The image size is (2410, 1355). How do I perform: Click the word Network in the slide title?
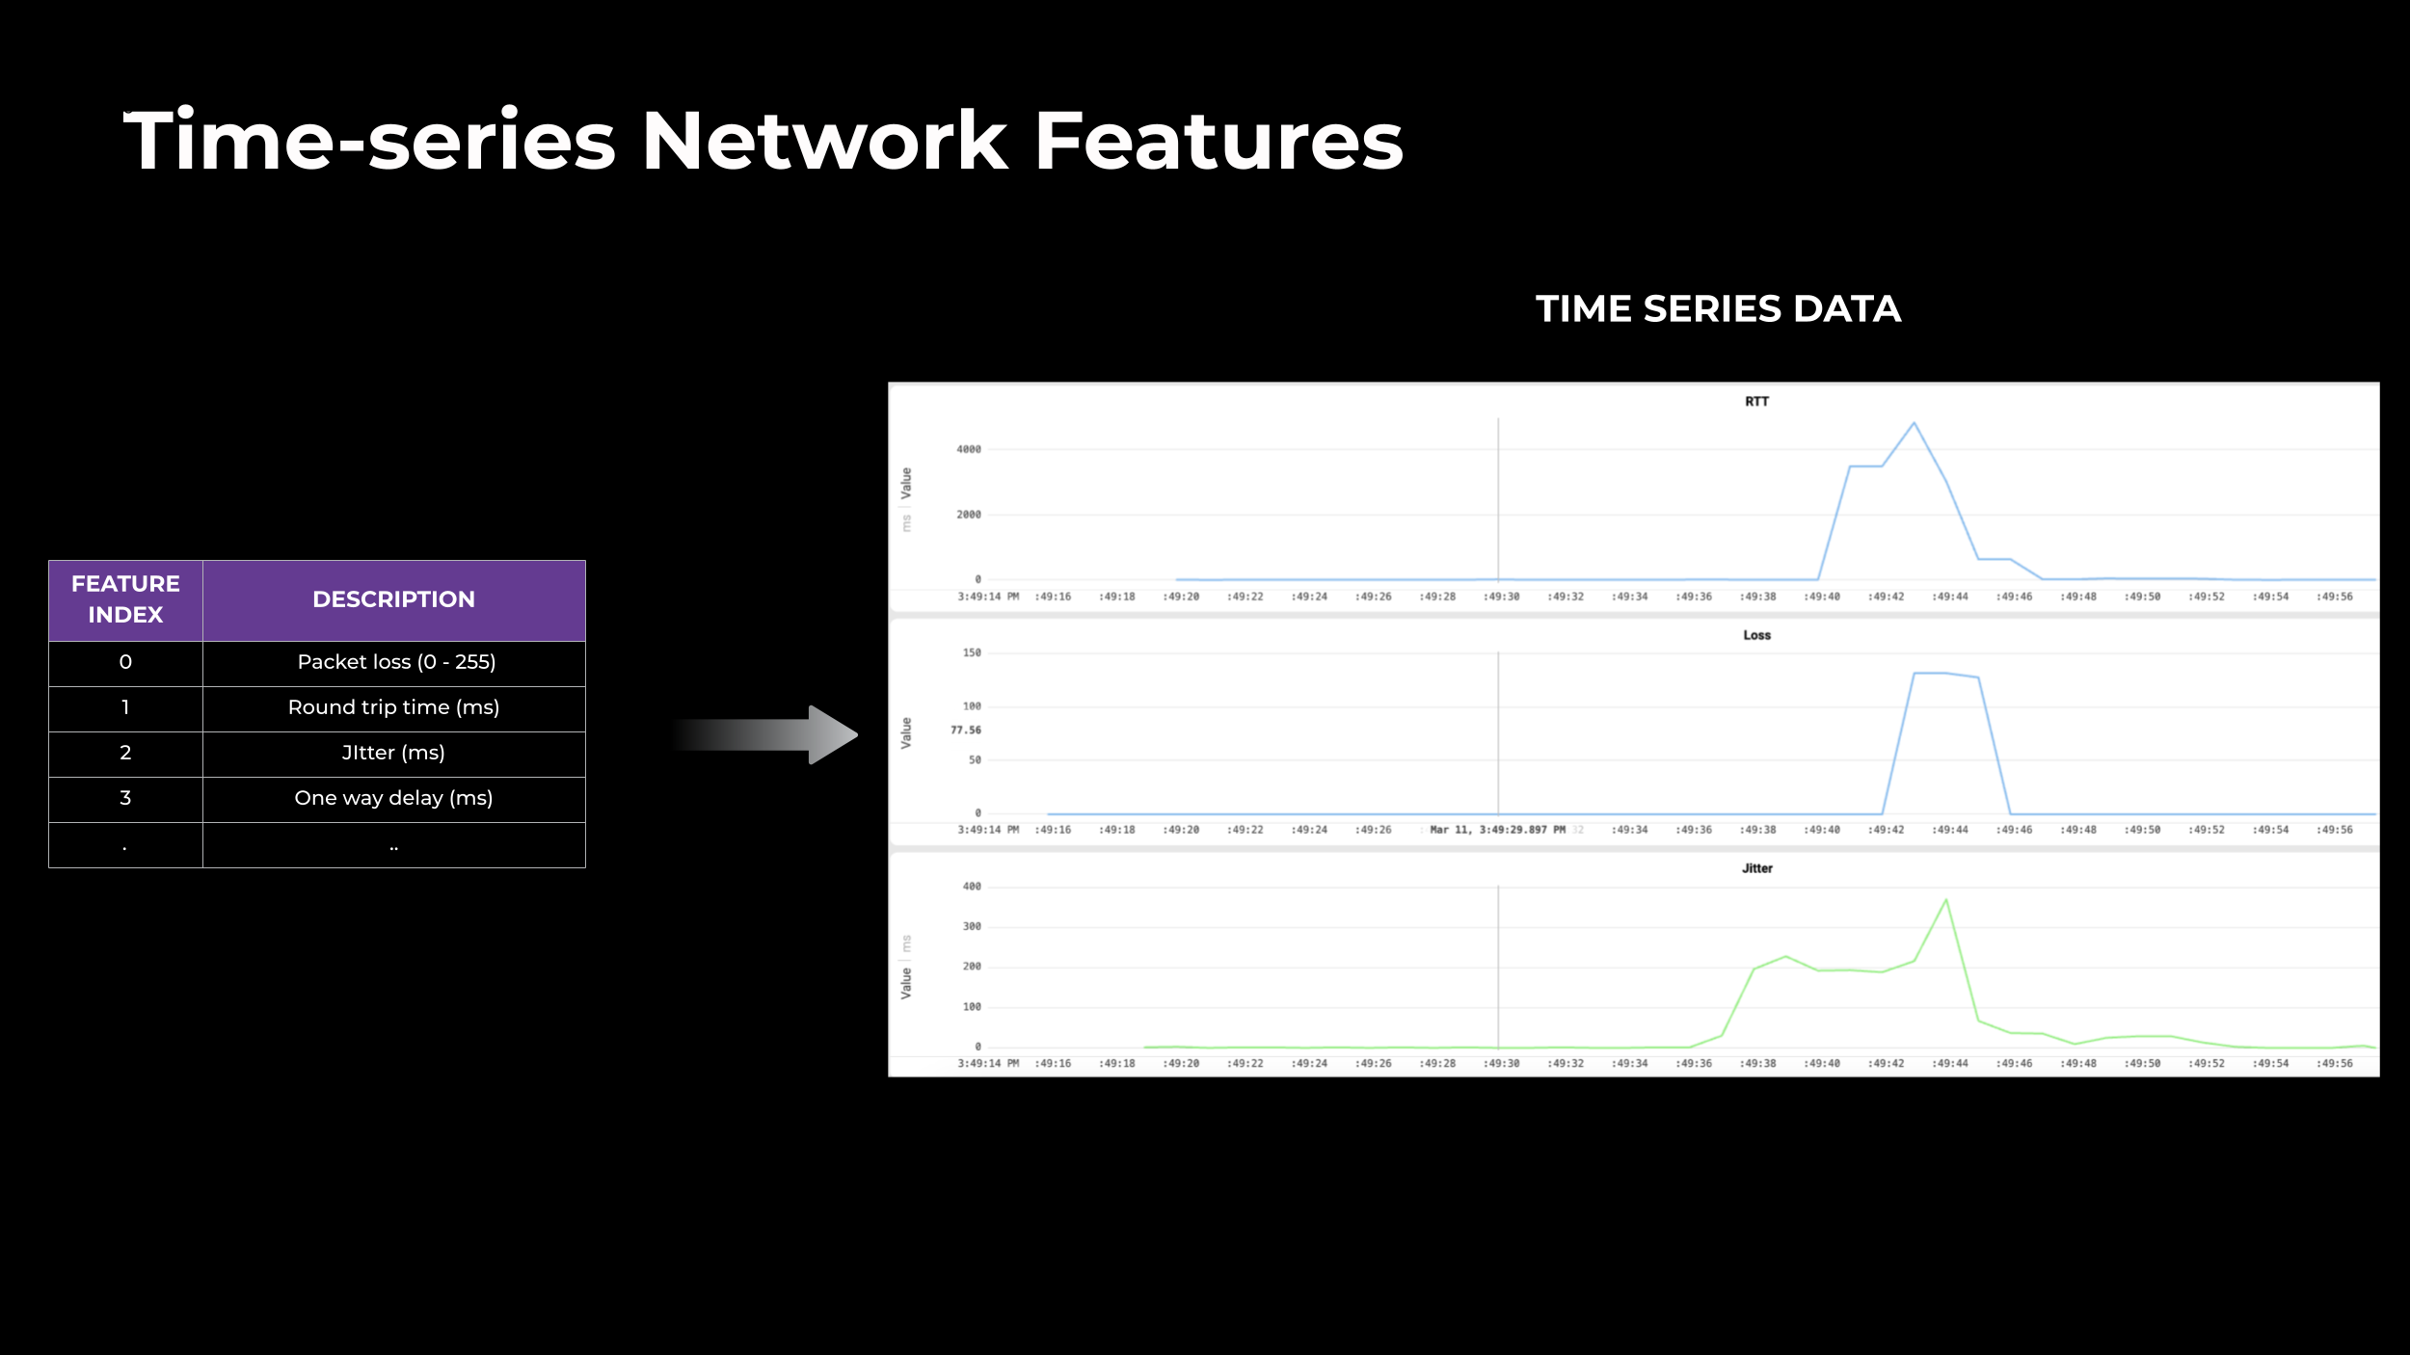click(824, 142)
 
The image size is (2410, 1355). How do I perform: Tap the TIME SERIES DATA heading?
click(1718, 309)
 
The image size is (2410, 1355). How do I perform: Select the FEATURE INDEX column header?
click(125, 599)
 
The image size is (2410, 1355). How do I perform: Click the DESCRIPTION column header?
click(393, 599)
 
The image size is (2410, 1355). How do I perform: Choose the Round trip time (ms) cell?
click(393, 707)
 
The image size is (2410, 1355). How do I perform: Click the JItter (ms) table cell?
click(393, 753)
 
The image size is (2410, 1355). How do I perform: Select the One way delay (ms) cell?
click(393, 798)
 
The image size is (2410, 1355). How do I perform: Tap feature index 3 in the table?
click(125, 798)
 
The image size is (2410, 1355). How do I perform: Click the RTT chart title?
click(1756, 402)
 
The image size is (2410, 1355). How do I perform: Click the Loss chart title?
click(1756, 635)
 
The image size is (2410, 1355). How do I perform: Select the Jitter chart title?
click(1756, 868)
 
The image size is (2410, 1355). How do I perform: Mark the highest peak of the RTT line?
click(1914, 423)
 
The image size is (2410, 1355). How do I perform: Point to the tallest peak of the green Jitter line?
click(1945, 900)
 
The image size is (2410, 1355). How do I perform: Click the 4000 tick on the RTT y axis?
click(968, 449)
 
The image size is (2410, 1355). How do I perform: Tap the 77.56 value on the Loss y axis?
click(965, 731)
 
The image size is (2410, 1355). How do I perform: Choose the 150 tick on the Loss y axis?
click(971, 653)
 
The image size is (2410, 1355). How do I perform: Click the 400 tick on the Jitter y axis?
click(971, 887)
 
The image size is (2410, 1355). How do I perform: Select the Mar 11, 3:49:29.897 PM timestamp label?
click(1497, 830)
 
